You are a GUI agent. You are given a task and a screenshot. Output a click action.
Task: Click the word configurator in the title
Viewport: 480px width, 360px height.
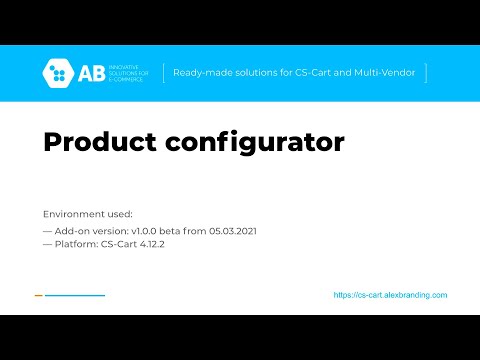click(256, 143)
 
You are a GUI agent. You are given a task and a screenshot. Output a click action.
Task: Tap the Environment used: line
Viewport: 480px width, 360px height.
click(88, 214)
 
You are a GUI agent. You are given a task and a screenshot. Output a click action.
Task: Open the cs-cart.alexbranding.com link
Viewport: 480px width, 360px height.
click(390, 295)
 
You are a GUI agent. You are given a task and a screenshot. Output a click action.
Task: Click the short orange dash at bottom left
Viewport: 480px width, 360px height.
click(38, 295)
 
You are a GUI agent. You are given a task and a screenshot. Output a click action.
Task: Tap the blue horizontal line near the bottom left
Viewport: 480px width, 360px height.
click(75, 295)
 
